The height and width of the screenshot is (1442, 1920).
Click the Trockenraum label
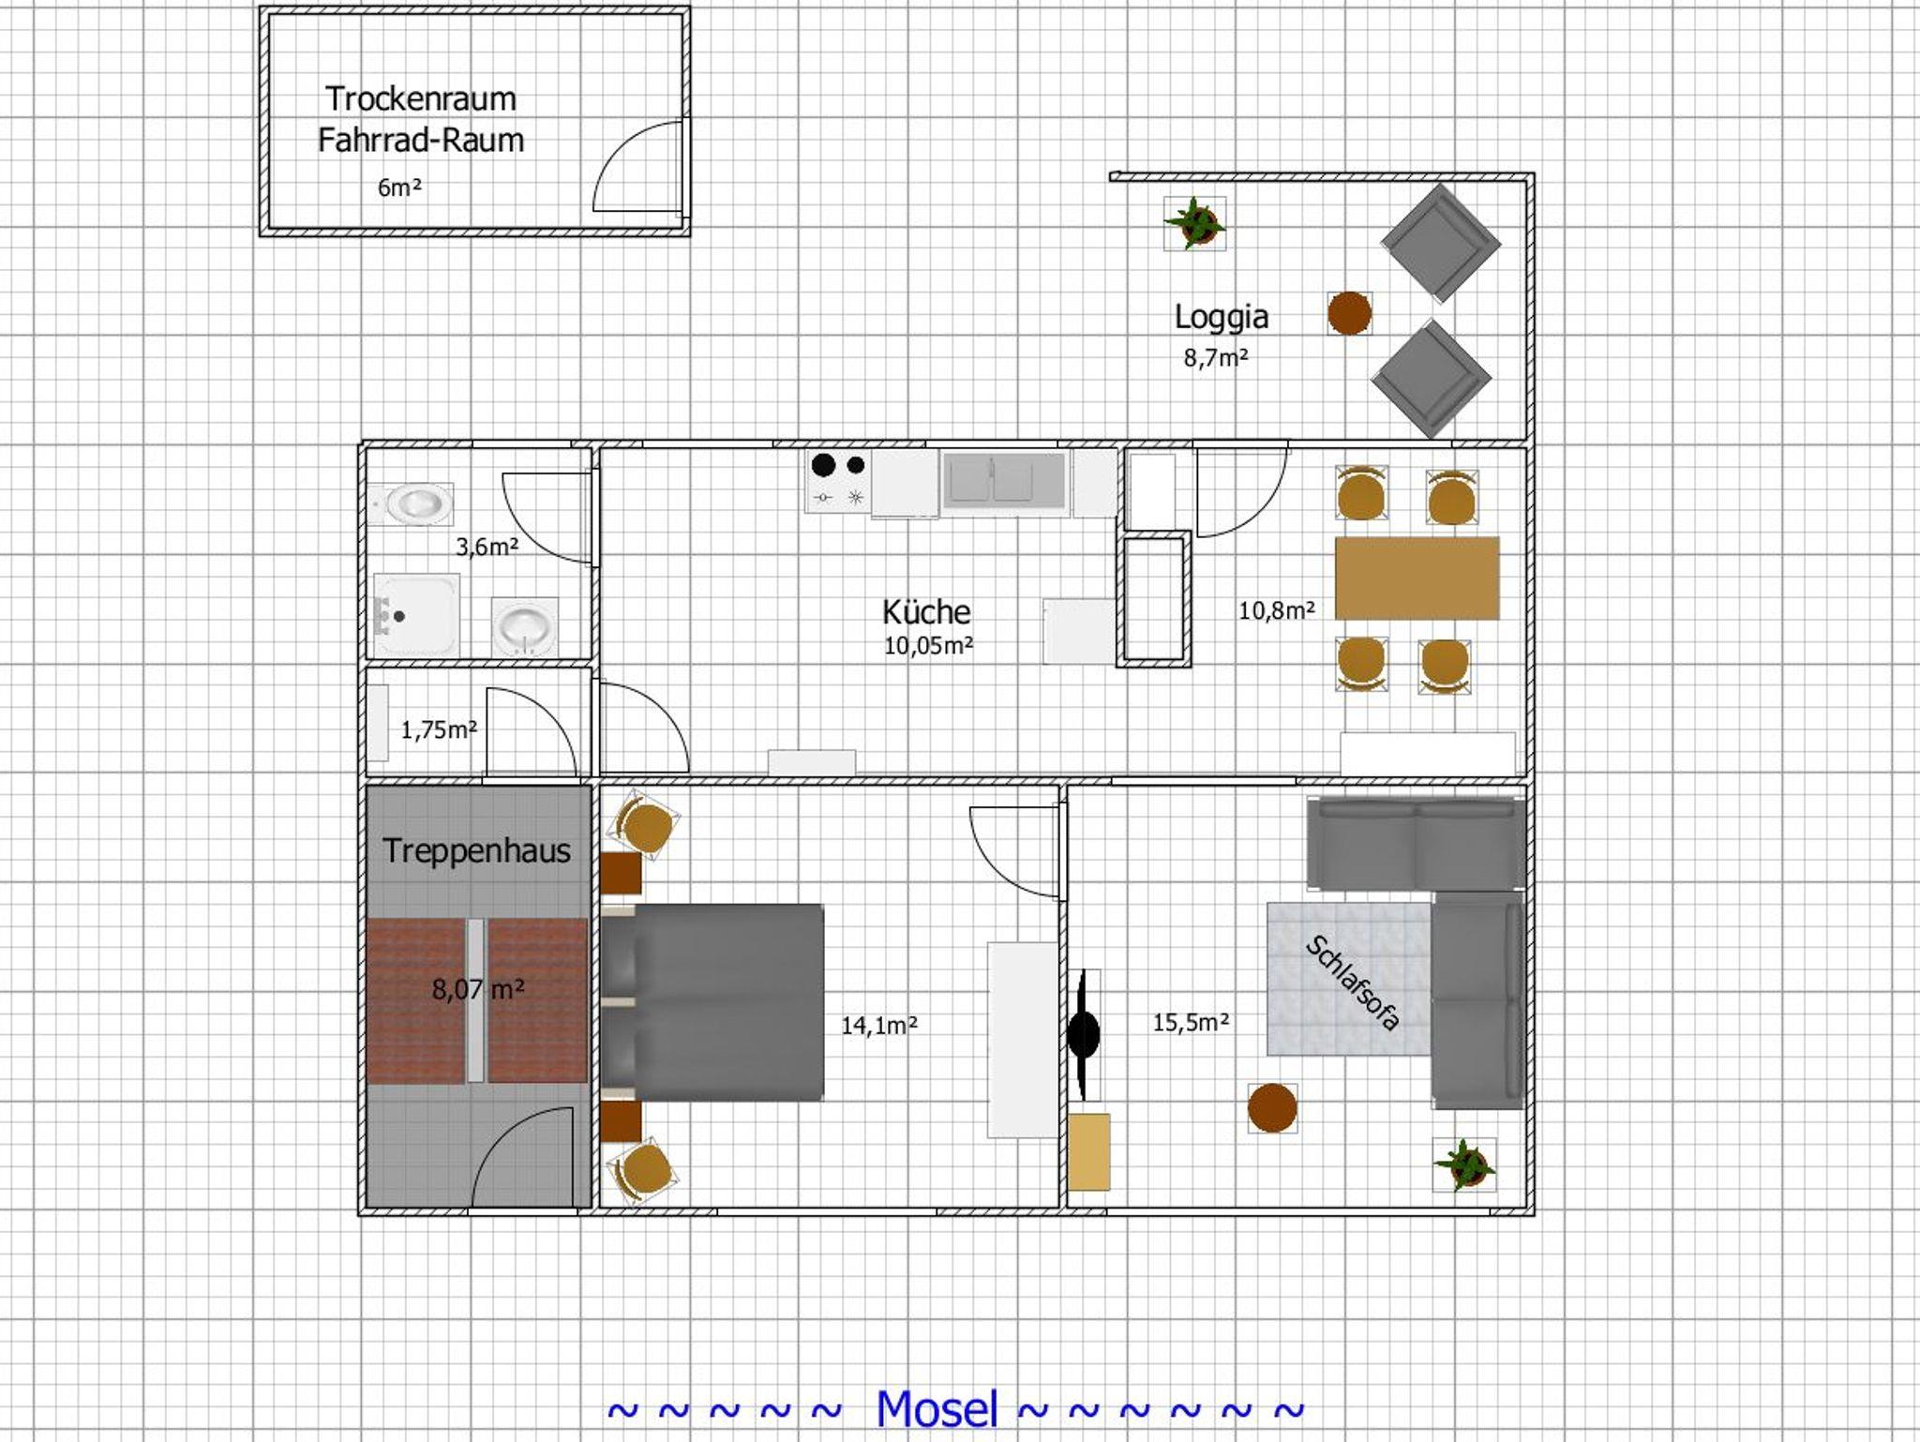(420, 98)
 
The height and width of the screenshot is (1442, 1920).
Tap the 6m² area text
(399, 188)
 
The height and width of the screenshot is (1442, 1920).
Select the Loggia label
(1222, 317)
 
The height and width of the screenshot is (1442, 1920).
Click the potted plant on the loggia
(1194, 223)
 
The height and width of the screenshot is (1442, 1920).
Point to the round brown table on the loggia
(1349, 313)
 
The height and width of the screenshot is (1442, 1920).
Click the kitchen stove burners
(838, 481)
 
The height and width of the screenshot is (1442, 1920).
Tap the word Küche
(926, 611)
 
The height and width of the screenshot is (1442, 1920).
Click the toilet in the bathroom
(411, 504)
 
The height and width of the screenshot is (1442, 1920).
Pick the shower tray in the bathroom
(416, 616)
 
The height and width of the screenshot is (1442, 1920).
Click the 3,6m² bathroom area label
(487, 547)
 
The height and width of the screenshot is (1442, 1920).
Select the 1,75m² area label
(440, 729)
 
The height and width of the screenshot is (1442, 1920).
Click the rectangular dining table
(1417, 578)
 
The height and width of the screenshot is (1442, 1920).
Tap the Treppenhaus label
(477, 850)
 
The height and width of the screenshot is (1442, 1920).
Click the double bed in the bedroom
(712, 1001)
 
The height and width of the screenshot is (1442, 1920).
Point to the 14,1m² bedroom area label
(878, 1026)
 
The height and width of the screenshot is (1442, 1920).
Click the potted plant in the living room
(1464, 1165)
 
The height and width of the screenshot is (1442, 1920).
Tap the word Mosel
(937, 1408)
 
